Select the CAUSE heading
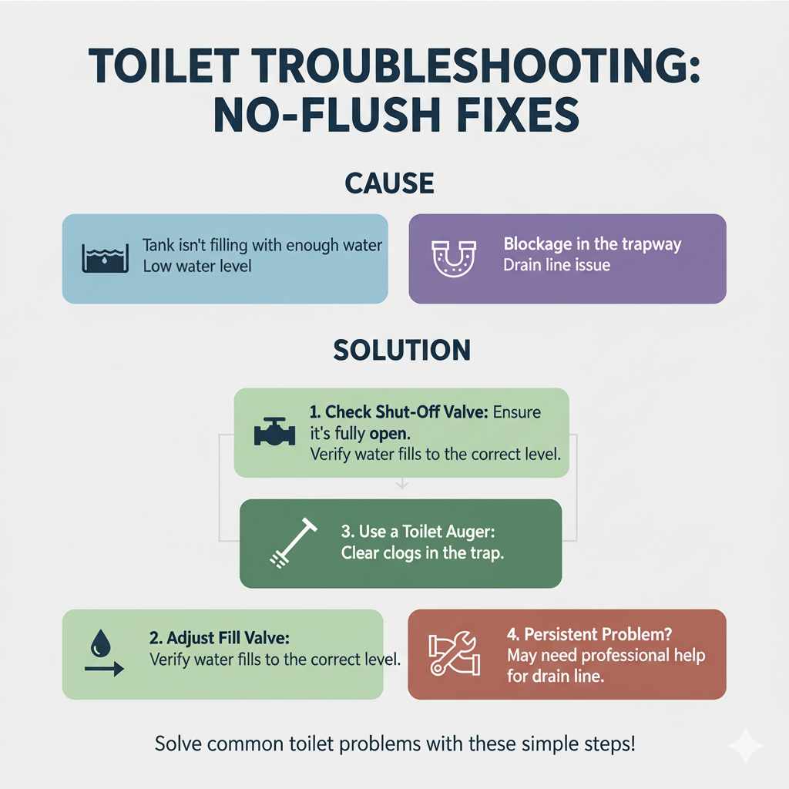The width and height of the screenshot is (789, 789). [390, 183]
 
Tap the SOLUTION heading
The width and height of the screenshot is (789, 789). [401, 351]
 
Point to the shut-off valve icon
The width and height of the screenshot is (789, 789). [274, 431]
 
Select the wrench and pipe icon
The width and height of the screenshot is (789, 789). [452, 654]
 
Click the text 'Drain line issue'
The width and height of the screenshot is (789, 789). [556, 265]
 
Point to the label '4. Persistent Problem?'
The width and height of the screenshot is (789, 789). [590, 635]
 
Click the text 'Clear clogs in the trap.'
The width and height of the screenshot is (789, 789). [422, 553]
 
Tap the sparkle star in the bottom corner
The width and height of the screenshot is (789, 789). [745, 746]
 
